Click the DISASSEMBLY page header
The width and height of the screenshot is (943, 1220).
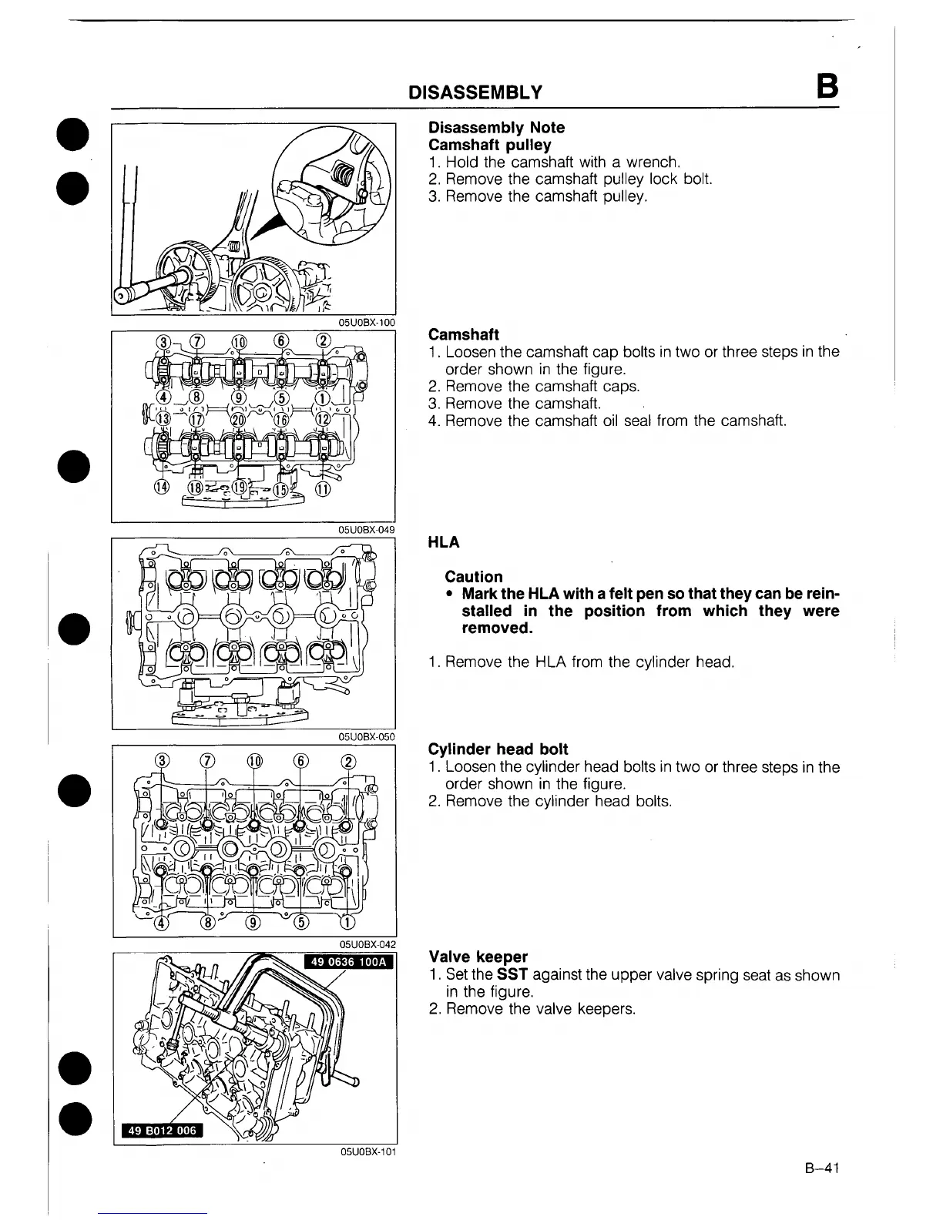pyautogui.click(x=475, y=93)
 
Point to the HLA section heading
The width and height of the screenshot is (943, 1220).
pyautogui.click(x=443, y=542)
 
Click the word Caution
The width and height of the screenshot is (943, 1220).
pyautogui.click(x=473, y=577)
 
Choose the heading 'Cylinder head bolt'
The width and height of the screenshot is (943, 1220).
pyautogui.click(x=498, y=749)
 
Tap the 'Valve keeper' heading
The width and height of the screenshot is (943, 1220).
pyautogui.click(x=478, y=957)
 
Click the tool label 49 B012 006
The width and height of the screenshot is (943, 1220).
pyautogui.click(x=160, y=1130)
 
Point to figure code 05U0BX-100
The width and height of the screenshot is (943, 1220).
pyautogui.click(x=366, y=322)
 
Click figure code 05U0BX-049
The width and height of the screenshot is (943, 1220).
pyautogui.click(x=366, y=529)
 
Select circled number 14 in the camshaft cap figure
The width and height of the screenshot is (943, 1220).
pyautogui.click(x=162, y=488)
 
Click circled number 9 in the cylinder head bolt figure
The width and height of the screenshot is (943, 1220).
pyautogui.click(x=253, y=923)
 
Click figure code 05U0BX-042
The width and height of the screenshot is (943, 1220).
pyautogui.click(x=367, y=944)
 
